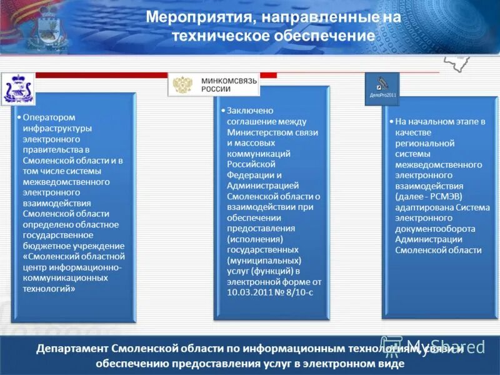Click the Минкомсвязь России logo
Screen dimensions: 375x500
pyautogui.click(x=214, y=84)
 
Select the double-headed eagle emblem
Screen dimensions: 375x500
pyautogui.click(x=182, y=85)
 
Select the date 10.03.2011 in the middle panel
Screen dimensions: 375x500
pyautogui.click(x=249, y=292)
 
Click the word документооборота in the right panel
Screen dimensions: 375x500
pyautogui.click(x=435, y=229)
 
